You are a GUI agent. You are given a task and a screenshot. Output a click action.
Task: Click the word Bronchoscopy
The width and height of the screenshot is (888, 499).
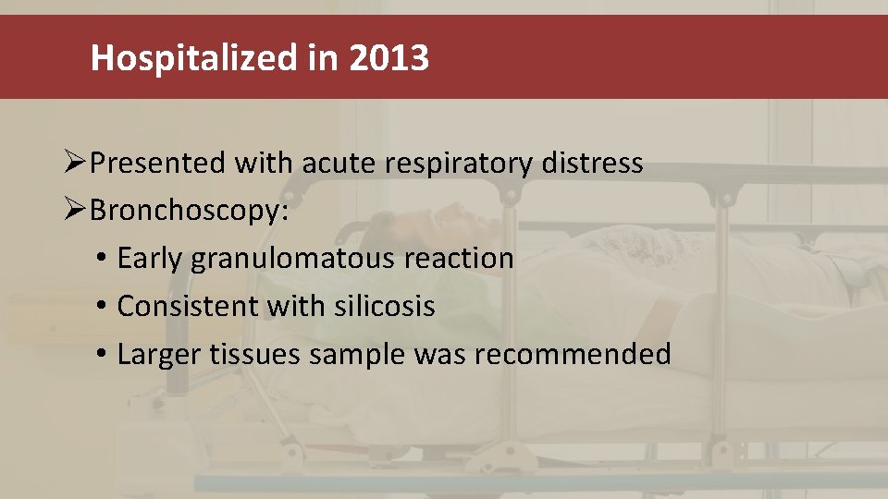tap(188, 212)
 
